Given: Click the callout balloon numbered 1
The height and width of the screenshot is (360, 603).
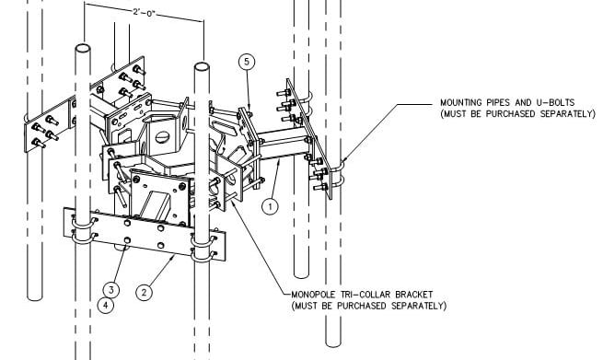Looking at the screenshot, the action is [x=270, y=206].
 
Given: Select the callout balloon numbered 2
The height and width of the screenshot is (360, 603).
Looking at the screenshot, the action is [x=144, y=292].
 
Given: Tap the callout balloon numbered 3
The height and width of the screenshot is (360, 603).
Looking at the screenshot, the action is [x=111, y=290].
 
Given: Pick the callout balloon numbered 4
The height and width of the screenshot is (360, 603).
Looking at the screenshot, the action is [x=106, y=306].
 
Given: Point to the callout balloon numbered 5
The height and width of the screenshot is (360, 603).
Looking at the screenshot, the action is [x=247, y=62].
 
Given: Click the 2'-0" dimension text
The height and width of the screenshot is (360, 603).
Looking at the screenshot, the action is [x=144, y=12].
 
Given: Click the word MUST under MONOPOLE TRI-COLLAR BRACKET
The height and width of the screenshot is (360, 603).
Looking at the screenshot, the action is [x=304, y=306].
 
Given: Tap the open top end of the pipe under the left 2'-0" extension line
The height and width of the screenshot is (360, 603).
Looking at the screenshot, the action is [x=83, y=49].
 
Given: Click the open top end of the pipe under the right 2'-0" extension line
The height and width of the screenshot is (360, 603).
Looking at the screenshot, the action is [x=202, y=66].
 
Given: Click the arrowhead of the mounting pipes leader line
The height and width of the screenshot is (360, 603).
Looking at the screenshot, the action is [x=344, y=159].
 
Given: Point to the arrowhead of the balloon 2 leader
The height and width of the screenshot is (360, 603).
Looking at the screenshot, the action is [x=173, y=257].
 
